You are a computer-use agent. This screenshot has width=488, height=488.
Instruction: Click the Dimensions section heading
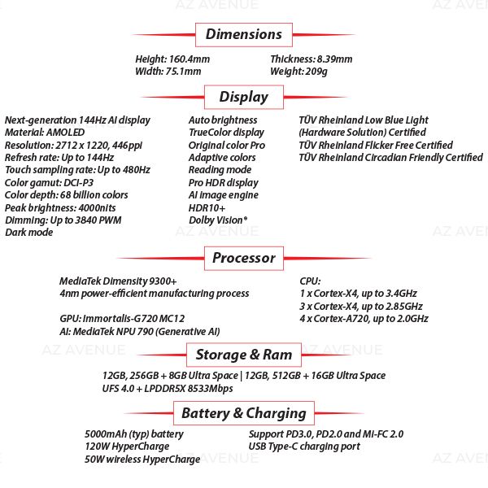pos(243,34)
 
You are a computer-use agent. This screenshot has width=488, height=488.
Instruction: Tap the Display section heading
pos(243,97)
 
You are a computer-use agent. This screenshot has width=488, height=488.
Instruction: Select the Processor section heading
pos(243,258)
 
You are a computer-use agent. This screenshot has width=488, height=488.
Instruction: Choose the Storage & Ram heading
pos(243,355)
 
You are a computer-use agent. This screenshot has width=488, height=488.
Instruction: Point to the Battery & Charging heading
pos(243,413)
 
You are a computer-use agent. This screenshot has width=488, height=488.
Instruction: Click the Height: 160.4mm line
pos(172,59)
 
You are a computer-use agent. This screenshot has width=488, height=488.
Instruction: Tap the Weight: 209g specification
pos(298,72)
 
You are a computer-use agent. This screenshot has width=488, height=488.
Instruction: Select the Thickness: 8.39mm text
pos(311,59)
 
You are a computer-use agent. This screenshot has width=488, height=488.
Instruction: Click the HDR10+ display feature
pos(207,207)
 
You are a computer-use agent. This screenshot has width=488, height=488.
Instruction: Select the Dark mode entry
pos(28,233)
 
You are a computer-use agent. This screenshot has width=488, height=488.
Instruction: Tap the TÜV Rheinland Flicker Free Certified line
pos(376,145)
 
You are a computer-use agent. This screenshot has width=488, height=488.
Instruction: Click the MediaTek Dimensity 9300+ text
pos(118,281)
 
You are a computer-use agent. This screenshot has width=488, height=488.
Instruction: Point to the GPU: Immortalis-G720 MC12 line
pos(122,319)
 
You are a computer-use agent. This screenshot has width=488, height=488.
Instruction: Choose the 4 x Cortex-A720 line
pos(364,319)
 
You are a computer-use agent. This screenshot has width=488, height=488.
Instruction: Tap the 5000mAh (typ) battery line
pos(134,434)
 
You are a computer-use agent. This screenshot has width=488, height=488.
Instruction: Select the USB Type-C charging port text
pos(304,447)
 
